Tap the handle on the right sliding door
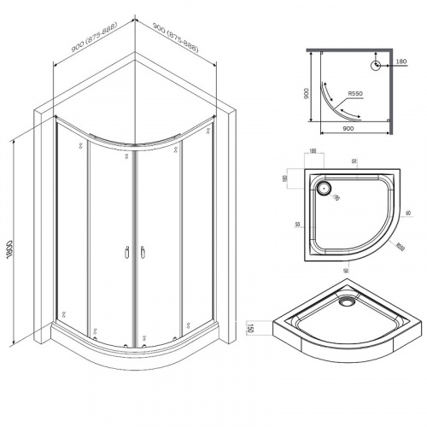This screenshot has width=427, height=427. (142, 252)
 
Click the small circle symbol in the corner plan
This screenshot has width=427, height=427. (375, 65)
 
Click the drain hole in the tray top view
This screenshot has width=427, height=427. (325, 186)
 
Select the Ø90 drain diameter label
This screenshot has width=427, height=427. (336, 197)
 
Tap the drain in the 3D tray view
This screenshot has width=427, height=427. (347, 300)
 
